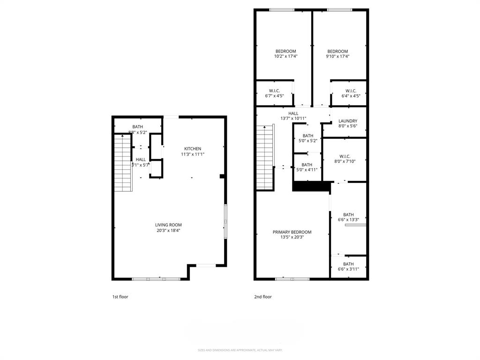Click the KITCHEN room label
pyautogui.click(x=192, y=149)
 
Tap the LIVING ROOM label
pyautogui.click(x=168, y=225)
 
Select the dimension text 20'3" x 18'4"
pyautogui.click(x=168, y=231)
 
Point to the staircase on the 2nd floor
pyautogui.click(x=265, y=157)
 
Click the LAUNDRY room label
pyautogui.click(x=348, y=121)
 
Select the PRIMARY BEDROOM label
pyautogui.click(x=292, y=232)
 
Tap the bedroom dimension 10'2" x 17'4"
pyautogui.click(x=285, y=56)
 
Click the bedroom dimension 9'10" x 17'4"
pyautogui.click(x=337, y=56)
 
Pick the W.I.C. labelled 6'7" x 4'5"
pyautogui.click(x=274, y=93)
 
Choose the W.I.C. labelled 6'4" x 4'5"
pyautogui.click(x=351, y=93)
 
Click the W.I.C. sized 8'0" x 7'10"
pyautogui.click(x=345, y=159)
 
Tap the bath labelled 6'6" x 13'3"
pyautogui.click(x=348, y=217)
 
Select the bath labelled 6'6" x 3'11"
pyautogui.click(x=348, y=267)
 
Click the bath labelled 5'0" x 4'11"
pyautogui.click(x=307, y=167)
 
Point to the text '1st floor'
pyautogui.click(x=120, y=297)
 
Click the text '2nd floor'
pyautogui.click(x=263, y=297)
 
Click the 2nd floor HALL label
pyautogui.click(x=293, y=113)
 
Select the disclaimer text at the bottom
pyautogui.click(x=240, y=350)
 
